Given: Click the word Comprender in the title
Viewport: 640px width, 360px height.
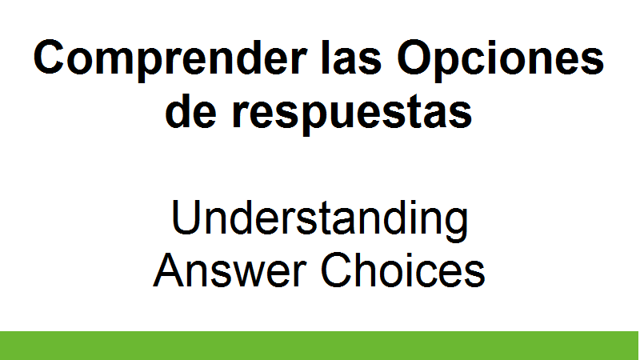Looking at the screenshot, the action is click(170, 59).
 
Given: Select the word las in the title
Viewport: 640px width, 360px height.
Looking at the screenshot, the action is click(351, 57).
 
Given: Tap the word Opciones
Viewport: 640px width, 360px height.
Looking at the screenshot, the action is click(501, 59).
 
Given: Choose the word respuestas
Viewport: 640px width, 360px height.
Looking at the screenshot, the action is click(352, 114).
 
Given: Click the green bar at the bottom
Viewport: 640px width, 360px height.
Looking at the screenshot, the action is click(319, 346).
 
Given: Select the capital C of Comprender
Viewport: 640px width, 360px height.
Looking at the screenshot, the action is click(49, 57).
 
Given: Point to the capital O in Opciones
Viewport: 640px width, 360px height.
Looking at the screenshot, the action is click(414, 57).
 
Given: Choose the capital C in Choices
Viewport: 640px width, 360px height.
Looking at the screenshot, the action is click(336, 270).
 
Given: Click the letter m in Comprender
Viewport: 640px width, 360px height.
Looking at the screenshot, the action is click(114, 62).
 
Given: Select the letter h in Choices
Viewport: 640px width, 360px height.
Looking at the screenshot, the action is click(369, 270).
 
